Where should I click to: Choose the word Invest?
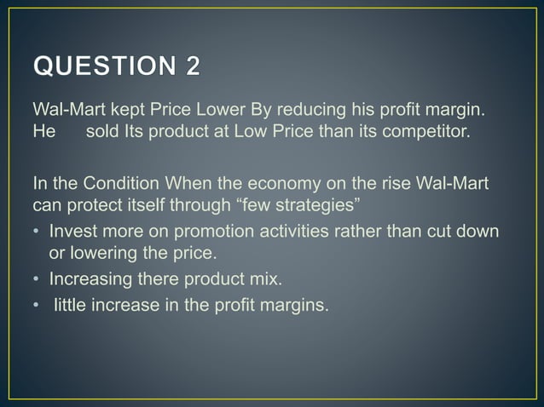click(x=73, y=232)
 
